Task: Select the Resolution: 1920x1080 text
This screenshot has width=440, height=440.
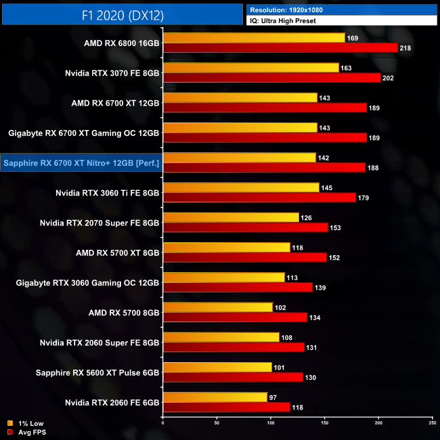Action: [292, 9]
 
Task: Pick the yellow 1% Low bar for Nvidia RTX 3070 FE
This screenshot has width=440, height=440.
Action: [251, 68]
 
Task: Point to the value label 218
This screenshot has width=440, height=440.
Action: [405, 48]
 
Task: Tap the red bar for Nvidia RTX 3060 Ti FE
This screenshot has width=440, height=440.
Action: [259, 197]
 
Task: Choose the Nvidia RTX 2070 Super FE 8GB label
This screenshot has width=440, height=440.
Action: [100, 222]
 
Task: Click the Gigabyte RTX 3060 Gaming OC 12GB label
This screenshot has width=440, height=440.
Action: [88, 282]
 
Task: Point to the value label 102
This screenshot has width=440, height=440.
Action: [280, 307]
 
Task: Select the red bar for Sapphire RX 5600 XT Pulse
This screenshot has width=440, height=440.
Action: [233, 376]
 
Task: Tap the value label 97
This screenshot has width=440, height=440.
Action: [273, 397]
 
